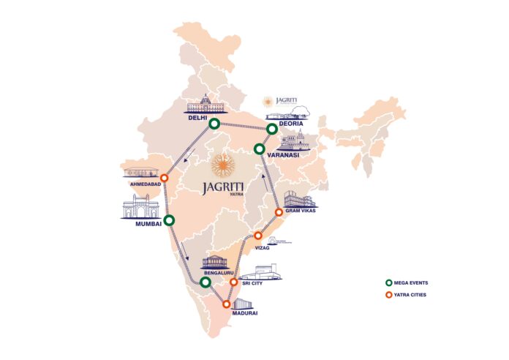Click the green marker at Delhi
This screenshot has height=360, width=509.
(x=214, y=124)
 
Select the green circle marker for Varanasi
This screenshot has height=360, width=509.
(x=259, y=149)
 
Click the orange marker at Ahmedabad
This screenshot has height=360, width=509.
(x=165, y=178)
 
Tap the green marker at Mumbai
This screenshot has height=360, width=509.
(x=170, y=220)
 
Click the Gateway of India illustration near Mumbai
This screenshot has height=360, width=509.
(x=140, y=208)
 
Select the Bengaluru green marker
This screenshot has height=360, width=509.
(x=206, y=282)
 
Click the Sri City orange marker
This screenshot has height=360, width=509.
(x=233, y=282)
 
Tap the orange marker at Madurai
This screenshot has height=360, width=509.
(x=227, y=304)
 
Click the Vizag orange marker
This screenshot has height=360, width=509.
(x=257, y=236)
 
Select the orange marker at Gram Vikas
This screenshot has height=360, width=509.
(x=279, y=212)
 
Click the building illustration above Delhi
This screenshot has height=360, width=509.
(x=204, y=106)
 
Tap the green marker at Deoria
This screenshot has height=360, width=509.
(x=272, y=130)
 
